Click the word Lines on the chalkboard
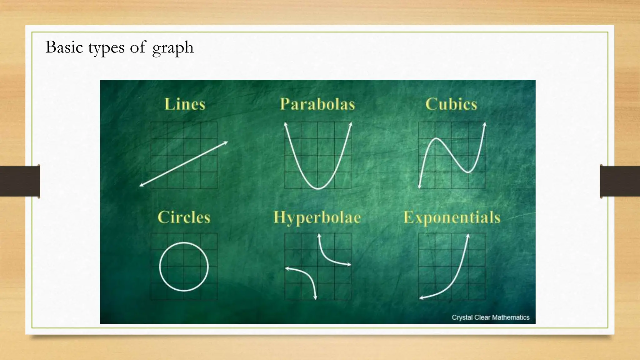pos(185,104)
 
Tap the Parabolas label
pos(317,104)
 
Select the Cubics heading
pos(451,104)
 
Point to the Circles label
pos(184,217)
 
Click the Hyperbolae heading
pos(317,217)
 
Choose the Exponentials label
pos(452,217)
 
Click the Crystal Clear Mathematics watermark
pos(490,317)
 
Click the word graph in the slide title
pos(173,48)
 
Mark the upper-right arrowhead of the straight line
pos(226,143)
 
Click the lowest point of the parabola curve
pos(318,189)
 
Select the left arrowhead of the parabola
pos(285,124)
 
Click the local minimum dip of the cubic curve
pos(468,172)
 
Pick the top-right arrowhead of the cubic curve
pos(485,124)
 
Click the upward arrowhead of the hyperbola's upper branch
pos(319,235)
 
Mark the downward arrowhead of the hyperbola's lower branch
pos(315,297)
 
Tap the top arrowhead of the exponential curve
pos(468,236)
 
